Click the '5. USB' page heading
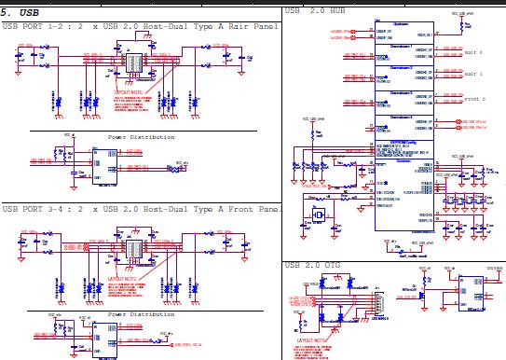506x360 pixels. (x=21, y=12)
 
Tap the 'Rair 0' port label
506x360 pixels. (x=472, y=52)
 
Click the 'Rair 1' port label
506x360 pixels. (x=472, y=74)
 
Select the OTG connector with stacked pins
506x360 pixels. (x=377, y=303)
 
